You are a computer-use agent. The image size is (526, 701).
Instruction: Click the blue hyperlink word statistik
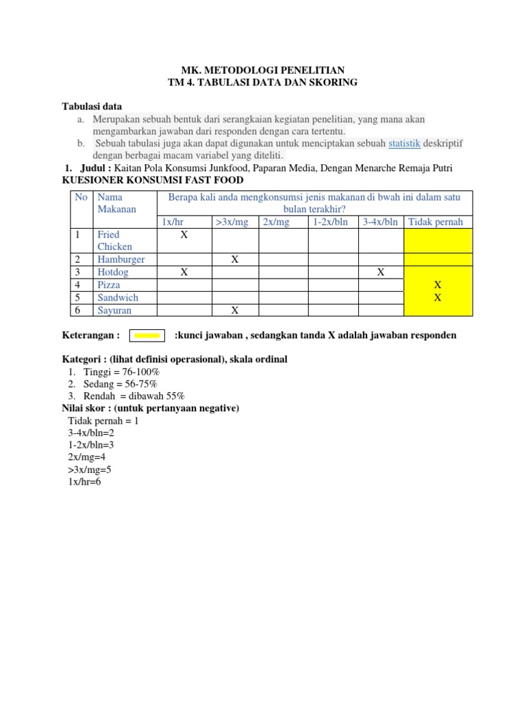point(404,143)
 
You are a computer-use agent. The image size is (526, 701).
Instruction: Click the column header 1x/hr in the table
point(171,222)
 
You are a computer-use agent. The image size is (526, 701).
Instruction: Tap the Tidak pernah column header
point(436,222)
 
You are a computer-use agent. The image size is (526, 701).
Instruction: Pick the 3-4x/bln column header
point(380,222)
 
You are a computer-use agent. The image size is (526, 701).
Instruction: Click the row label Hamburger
point(121,259)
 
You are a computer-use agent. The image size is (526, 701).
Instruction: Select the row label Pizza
point(109,285)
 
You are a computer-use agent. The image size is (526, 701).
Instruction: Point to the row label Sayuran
point(114,310)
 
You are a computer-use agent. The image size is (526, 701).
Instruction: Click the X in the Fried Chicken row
point(184,235)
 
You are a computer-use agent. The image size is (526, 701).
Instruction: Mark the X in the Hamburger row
point(235,259)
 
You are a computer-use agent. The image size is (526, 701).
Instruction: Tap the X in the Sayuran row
point(235,310)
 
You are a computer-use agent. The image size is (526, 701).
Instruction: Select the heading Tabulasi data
point(92,106)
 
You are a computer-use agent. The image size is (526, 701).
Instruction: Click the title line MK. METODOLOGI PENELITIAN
point(263,70)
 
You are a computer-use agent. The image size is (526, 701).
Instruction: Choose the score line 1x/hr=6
point(84,482)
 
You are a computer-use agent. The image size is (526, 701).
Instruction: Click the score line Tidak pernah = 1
point(103,420)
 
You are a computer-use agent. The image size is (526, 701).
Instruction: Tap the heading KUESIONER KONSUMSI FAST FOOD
point(152,180)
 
